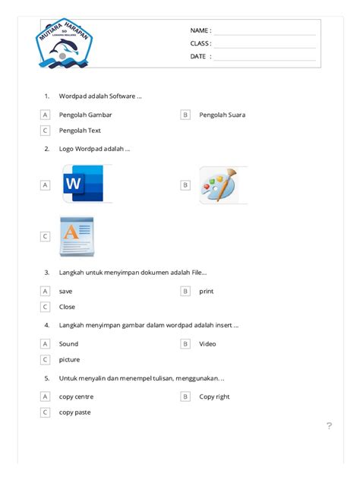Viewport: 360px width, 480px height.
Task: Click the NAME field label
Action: [201, 30]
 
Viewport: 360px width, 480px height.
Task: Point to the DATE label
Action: [201, 56]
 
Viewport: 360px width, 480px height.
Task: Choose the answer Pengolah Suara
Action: [222, 115]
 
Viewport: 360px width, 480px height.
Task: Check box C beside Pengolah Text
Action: [45, 131]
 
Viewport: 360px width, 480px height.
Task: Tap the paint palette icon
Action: [218, 185]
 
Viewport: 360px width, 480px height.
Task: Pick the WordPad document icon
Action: [77, 235]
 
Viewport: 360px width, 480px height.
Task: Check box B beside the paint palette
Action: [185, 185]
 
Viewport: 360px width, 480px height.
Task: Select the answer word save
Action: [66, 291]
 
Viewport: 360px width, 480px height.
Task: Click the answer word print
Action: [207, 291]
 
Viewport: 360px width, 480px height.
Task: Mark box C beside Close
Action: [45, 307]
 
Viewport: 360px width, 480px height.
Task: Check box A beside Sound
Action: [45, 344]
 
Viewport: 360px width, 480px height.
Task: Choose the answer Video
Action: [207, 344]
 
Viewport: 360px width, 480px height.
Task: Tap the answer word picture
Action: [69, 359]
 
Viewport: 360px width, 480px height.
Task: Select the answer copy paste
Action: [74, 412]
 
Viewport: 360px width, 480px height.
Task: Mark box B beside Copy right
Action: [185, 396]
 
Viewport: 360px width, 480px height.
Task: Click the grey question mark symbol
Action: [329, 425]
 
